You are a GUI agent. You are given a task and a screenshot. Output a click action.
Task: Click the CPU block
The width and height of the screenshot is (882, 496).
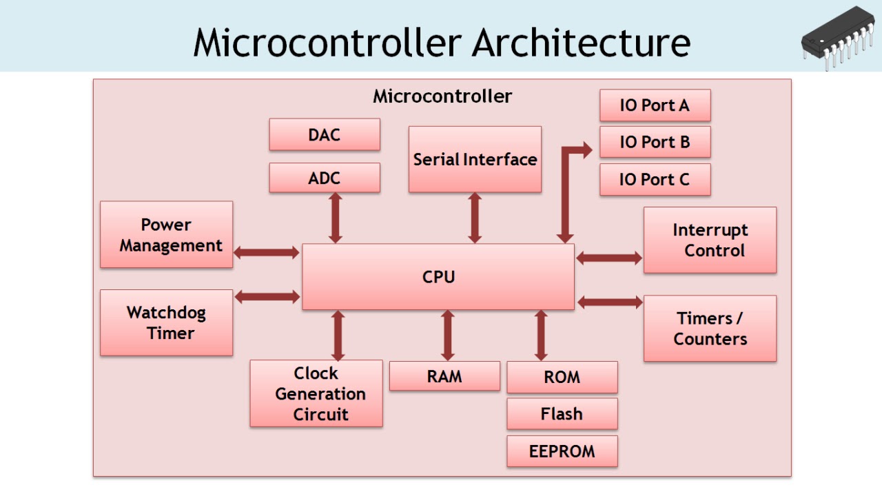tap(438, 277)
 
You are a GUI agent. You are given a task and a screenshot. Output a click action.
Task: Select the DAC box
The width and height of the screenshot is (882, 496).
tap(324, 134)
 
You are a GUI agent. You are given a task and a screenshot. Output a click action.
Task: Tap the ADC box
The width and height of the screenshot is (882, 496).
tap(324, 178)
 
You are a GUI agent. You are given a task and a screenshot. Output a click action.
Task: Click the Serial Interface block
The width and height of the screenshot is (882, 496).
tap(475, 159)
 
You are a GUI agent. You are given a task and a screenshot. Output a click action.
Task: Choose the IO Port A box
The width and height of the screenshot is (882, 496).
tap(655, 105)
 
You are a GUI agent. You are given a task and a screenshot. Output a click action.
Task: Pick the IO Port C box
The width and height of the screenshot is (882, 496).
tap(655, 180)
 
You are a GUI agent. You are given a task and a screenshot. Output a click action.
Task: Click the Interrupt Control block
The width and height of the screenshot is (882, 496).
tap(710, 240)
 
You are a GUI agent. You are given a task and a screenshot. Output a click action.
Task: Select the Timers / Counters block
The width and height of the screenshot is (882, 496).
tap(710, 328)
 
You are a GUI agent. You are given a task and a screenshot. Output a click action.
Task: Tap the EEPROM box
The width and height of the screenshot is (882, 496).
tap(562, 451)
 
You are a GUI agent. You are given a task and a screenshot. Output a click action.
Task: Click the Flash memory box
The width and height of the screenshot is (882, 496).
tap(562, 414)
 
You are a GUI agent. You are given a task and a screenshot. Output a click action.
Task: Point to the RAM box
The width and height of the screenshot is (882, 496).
tap(444, 376)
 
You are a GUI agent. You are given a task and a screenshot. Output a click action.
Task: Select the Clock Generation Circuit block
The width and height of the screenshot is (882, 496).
tap(316, 393)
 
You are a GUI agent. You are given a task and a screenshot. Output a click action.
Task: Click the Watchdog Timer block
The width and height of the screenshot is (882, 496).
tap(166, 322)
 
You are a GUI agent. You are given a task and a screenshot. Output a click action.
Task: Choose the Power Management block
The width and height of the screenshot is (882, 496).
tap(166, 234)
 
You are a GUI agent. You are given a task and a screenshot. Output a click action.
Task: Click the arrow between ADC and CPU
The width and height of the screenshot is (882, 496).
tap(336, 218)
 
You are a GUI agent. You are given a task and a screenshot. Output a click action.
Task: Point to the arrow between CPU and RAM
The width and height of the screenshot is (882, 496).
tap(448, 335)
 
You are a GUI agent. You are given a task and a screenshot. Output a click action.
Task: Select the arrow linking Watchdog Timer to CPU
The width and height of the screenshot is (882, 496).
tap(267, 297)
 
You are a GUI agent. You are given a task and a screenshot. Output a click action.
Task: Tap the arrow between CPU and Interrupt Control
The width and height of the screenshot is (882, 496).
tap(609, 258)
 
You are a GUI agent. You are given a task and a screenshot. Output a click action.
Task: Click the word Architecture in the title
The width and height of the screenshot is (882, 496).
tap(581, 43)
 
